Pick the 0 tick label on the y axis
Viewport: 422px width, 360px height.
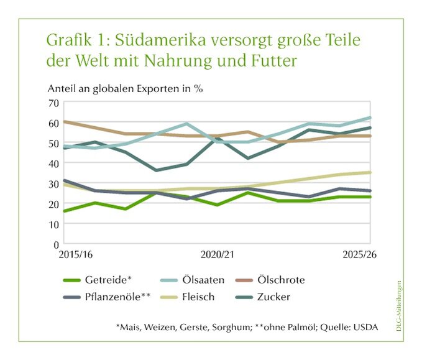pyautogui.click(x=56, y=244)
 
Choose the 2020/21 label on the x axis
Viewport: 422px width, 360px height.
pyautogui.click(x=218, y=255)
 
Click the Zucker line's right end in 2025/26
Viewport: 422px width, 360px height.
pyautogui.click(x=370, y=128)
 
